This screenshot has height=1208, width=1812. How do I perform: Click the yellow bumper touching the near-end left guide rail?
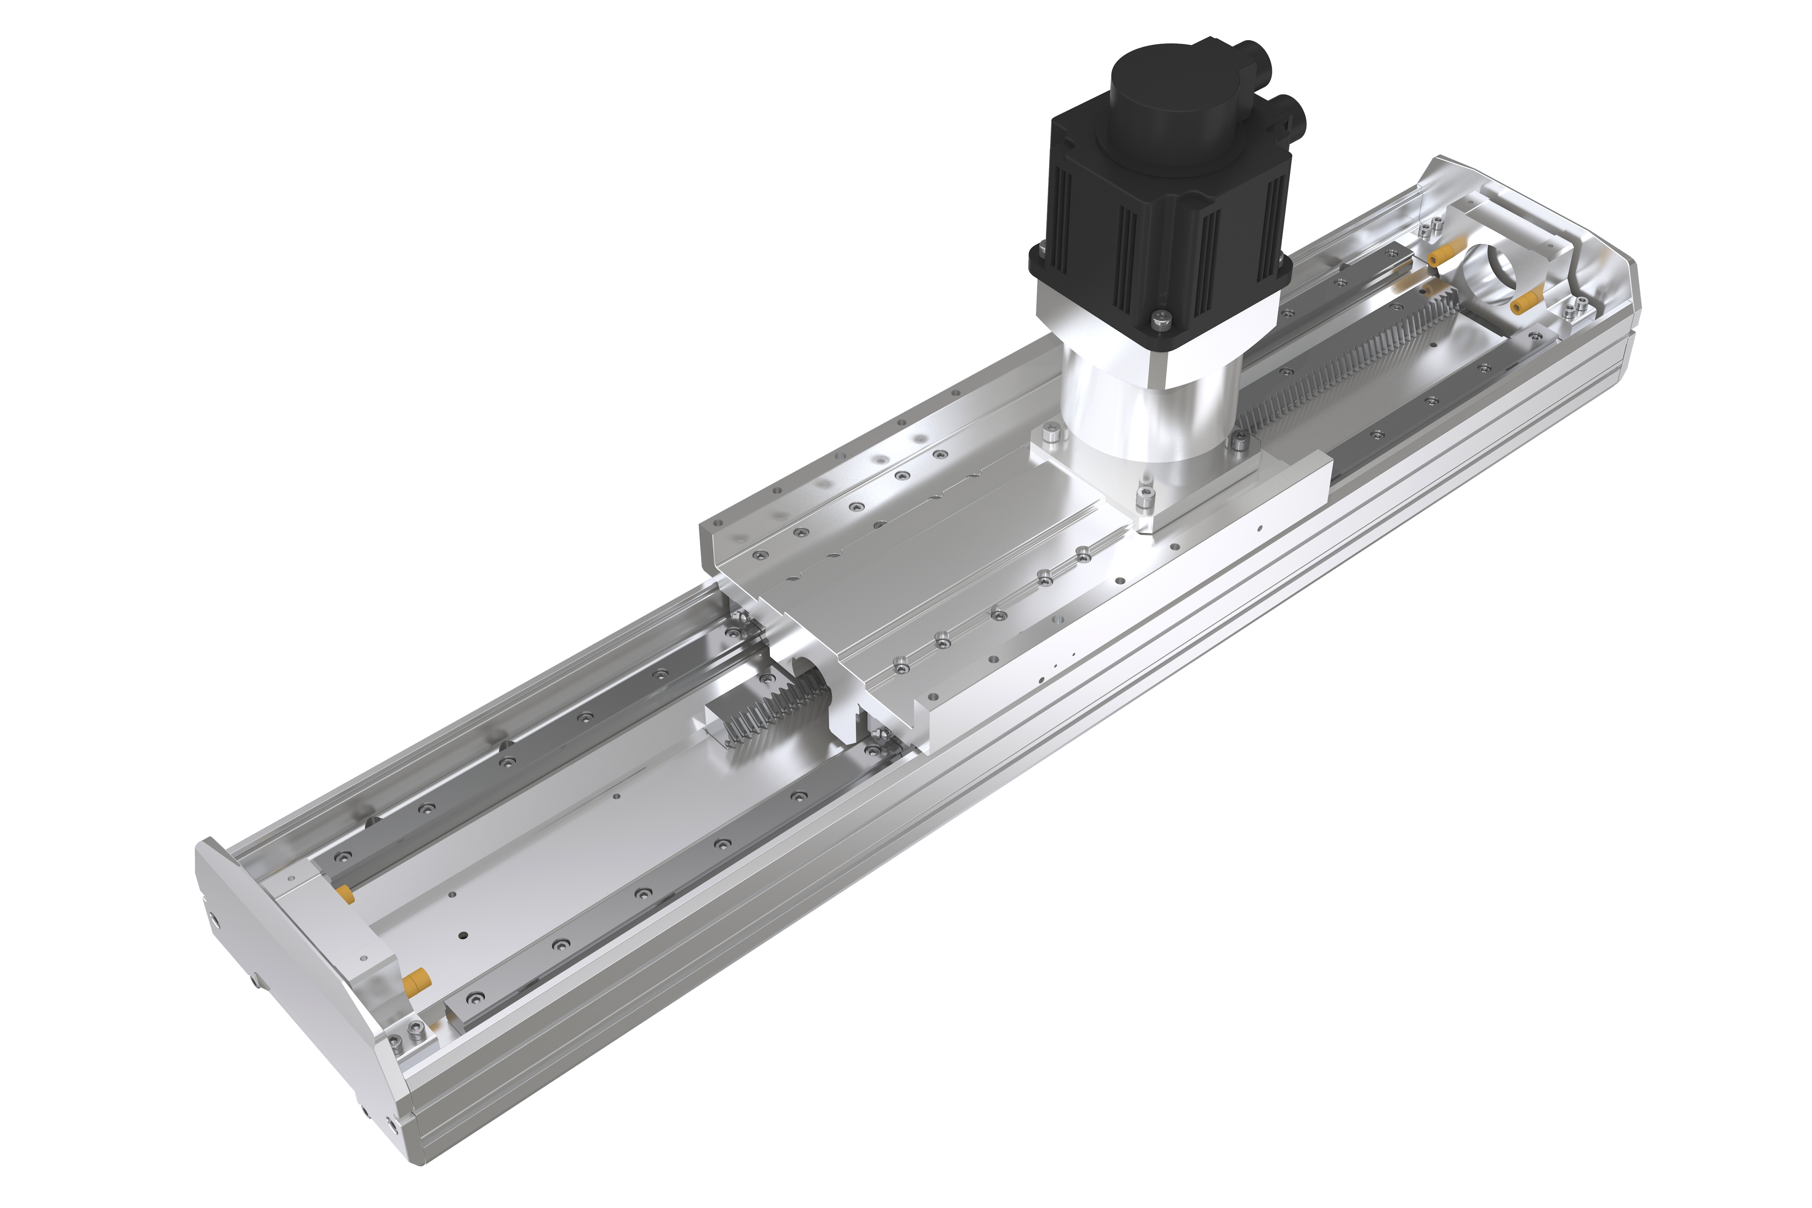344,894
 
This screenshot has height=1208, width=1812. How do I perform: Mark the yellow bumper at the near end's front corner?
416,982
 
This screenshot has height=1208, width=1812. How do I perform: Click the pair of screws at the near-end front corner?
407,1036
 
